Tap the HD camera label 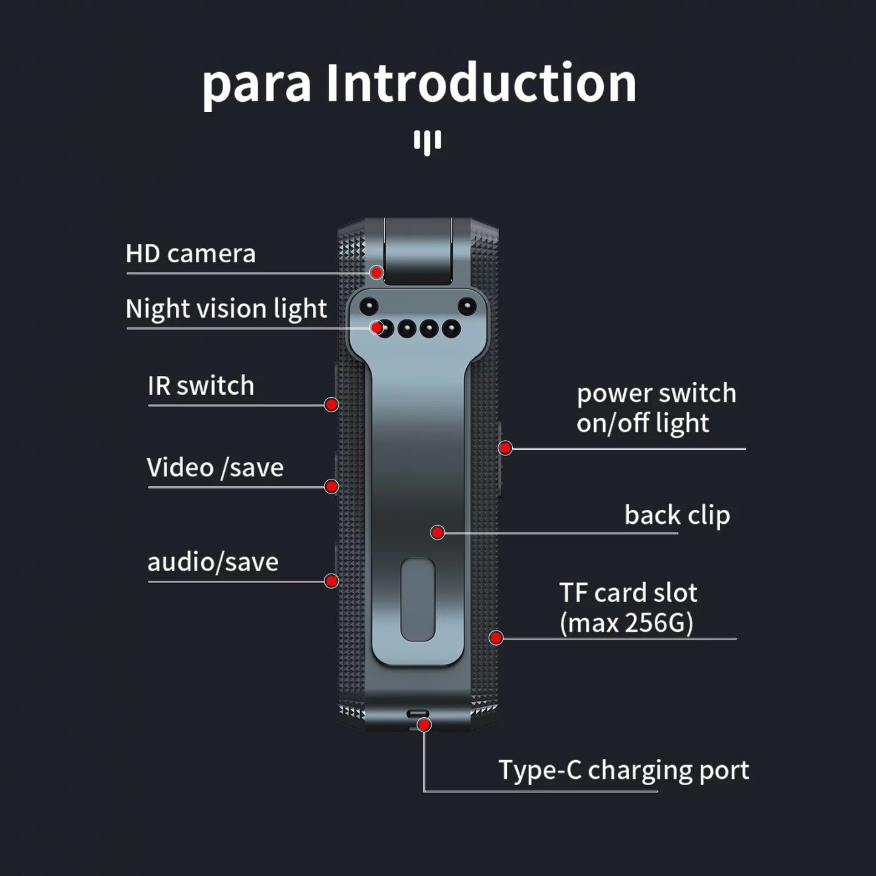[190, 254]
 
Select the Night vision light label [226, 309]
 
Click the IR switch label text [201, 386]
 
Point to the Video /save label [215, 468]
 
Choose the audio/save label [213, 563]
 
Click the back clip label [677, 515]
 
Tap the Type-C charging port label [624, 771]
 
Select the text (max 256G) [626, 623]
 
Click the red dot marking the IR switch [331, 404]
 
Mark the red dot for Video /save [331, 486]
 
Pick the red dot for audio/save [331, 581]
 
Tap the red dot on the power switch [506, 448]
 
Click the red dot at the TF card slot [496, 638]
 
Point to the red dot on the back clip [437, 532]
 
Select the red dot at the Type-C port [424, 724]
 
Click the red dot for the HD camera [376, 272]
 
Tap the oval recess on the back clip [418, 600]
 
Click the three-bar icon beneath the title [427, 142]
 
